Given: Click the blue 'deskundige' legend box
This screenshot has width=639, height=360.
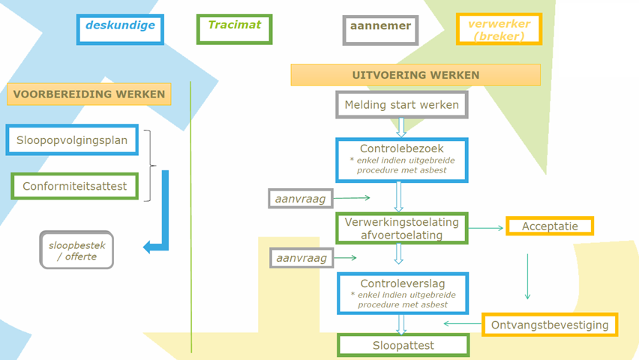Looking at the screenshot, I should pyautogui.click(x=120, y=29).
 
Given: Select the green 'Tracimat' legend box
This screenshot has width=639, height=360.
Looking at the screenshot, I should pyautogui.click(x=234, y=29).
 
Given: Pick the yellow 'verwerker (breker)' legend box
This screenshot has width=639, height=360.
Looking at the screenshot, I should pyautogui.click(x=499, y=29).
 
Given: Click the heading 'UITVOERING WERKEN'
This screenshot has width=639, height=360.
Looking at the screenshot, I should pyautogui.click(x=415, y=75).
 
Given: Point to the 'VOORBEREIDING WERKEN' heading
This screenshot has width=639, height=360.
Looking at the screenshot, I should pyautogui.click(x=89, y=94).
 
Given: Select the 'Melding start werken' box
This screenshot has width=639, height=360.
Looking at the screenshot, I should pyautogui.click(x=401, y=105).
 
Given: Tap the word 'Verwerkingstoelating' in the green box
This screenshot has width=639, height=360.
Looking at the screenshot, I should pyautogui.click(x=401, y=222).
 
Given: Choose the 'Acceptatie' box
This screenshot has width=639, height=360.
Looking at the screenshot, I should pyautogui.click(x=550, y=226).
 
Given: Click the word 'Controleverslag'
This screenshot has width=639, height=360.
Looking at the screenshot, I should pyautogui.click(x=401, y=283).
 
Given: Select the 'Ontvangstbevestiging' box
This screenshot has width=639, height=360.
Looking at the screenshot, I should pyautogui.click(x=550, y=325).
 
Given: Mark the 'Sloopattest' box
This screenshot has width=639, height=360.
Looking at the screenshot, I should pyautogui.click(x=403, y=346).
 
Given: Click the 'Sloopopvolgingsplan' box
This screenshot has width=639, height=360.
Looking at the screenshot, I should pyautogui.click(x=72, y=139).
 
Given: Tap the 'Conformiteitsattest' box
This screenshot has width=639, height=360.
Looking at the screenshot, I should pyautogui.click(x=75, y=186).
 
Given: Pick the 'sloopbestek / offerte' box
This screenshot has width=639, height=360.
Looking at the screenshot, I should pyautogui.click(x=76, y=250).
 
